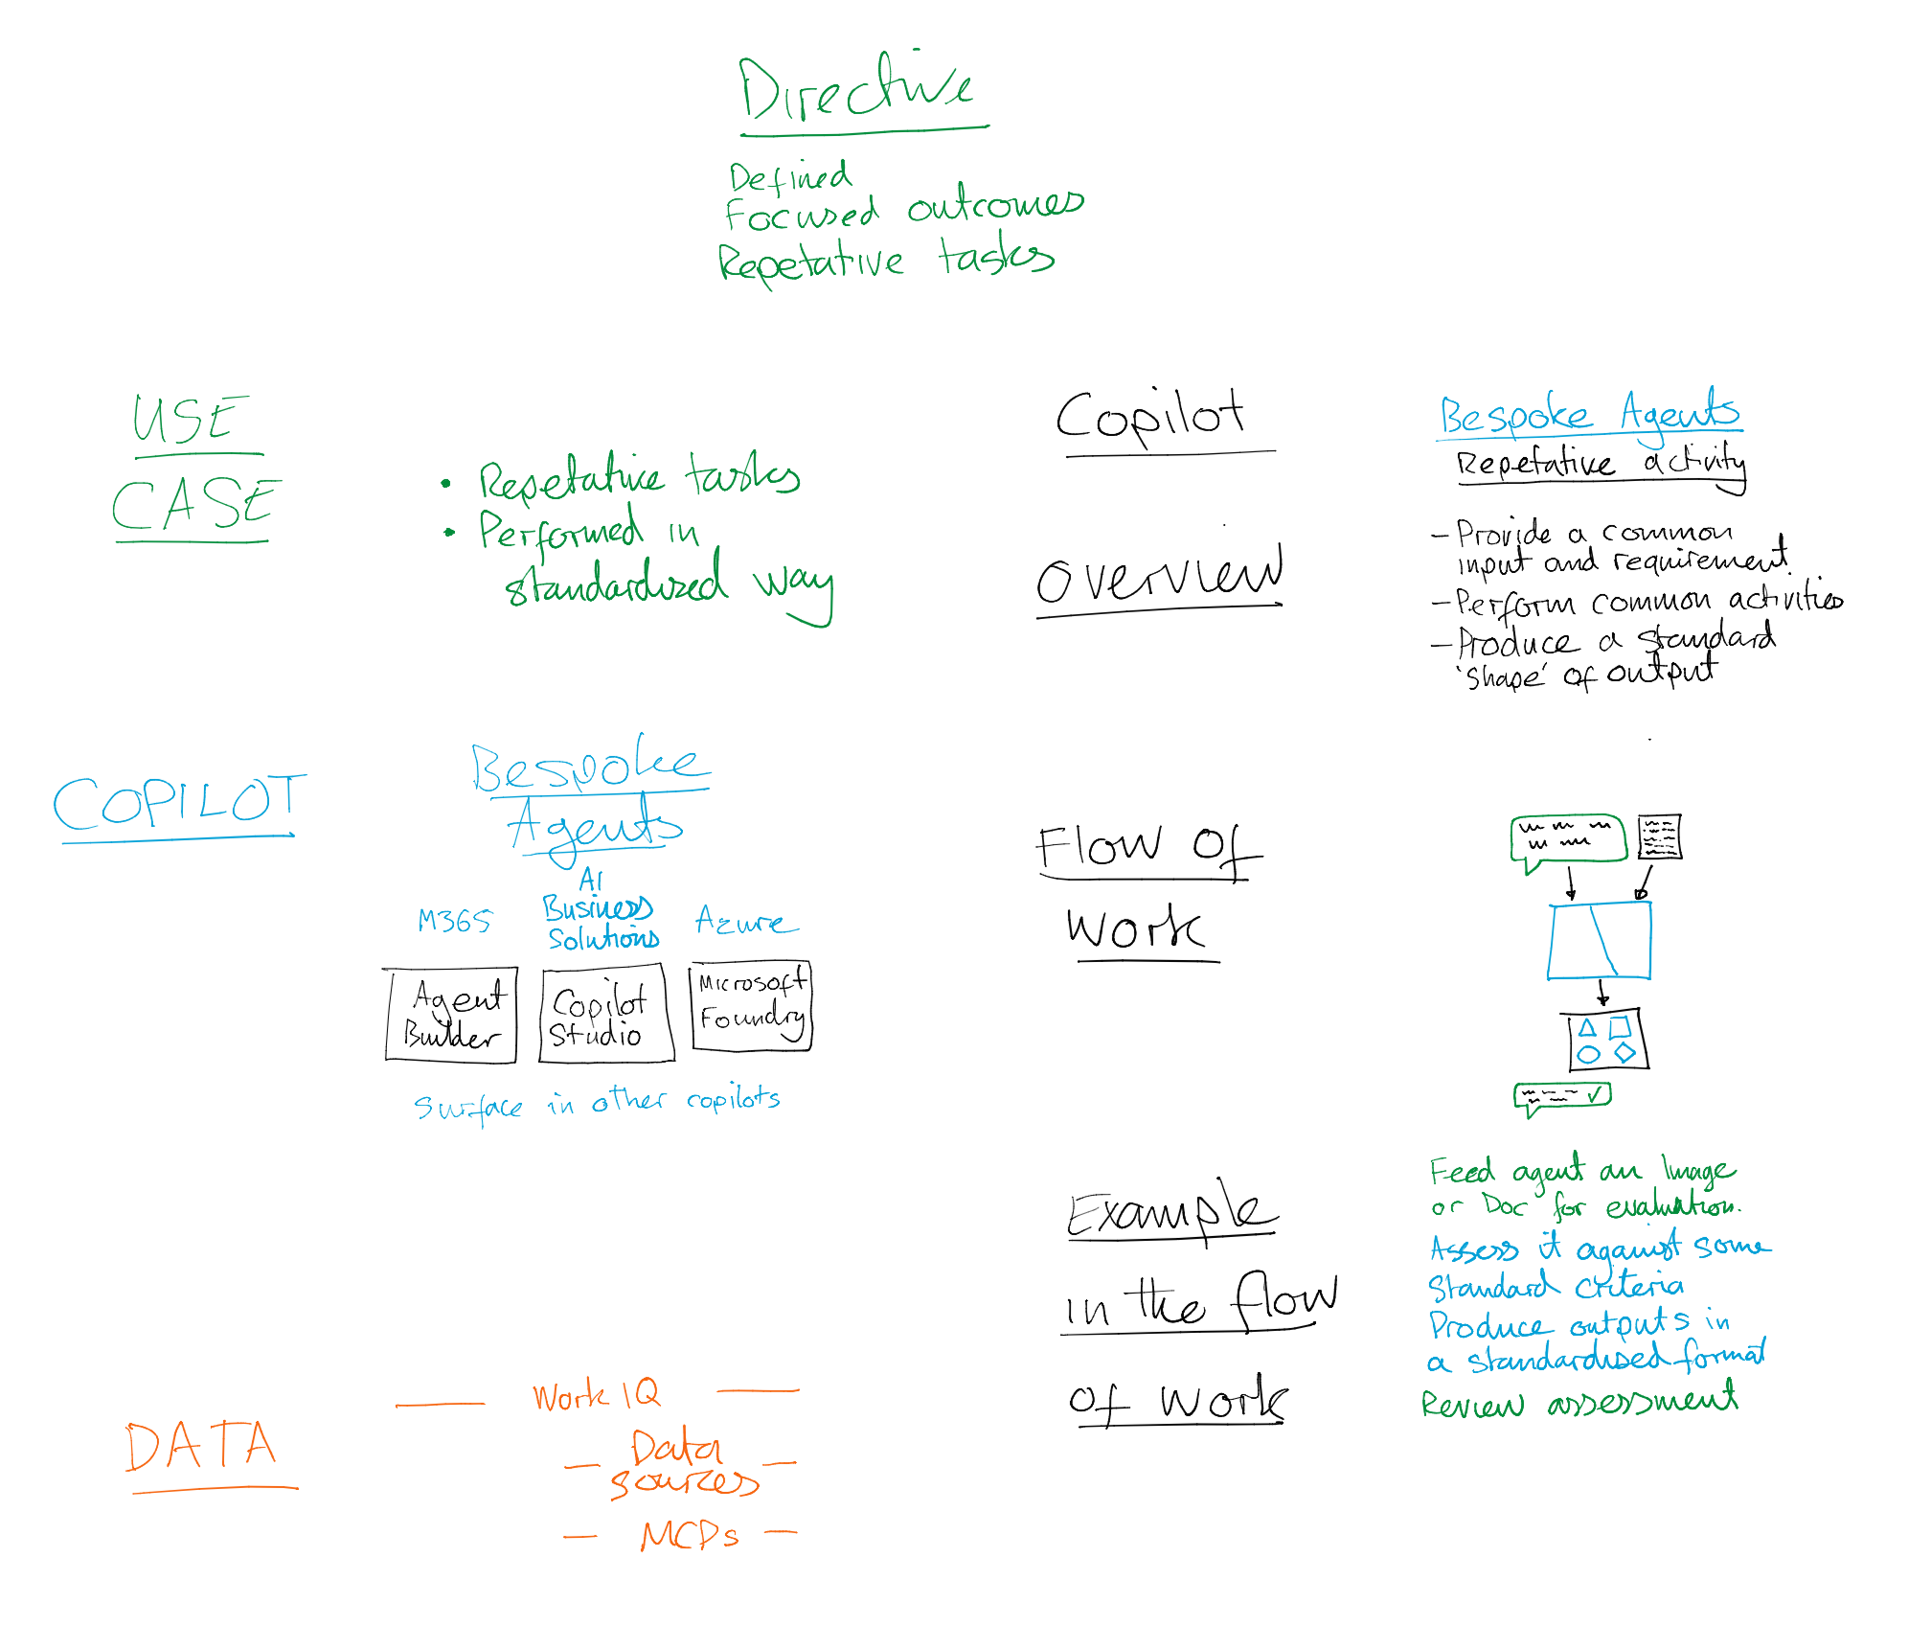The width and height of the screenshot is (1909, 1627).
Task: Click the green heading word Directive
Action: [x=855, y=88]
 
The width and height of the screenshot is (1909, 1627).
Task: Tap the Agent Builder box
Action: [x=450, y=1015]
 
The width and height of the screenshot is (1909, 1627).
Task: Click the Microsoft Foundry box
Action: [x=751, y=1006]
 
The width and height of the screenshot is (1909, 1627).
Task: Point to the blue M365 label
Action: [x=454, y=921]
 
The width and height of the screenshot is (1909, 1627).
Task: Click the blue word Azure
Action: [x=744, y=921]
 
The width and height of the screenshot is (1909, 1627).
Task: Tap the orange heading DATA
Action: [x=201, y=1446]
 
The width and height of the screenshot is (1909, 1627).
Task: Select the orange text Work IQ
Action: [x=596, y=1395]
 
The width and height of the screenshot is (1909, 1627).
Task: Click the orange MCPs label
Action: [x=690, y=1535]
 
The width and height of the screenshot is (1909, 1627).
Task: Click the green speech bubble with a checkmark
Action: [x=1562, y=1096]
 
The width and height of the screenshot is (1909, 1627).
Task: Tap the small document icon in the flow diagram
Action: [x=1659, y=836]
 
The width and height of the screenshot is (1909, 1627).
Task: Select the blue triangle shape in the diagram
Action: [x=1587, y=1028]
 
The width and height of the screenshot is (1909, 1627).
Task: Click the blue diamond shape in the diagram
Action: [x=1625, y=1052]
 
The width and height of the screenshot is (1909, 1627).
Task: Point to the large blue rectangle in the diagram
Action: [x=1599, y=940]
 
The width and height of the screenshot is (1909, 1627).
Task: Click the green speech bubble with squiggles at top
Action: [x=1568, y=838]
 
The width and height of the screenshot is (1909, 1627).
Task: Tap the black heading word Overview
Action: [x=1159, y=576]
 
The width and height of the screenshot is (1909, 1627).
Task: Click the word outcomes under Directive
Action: [x=995, y=204]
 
